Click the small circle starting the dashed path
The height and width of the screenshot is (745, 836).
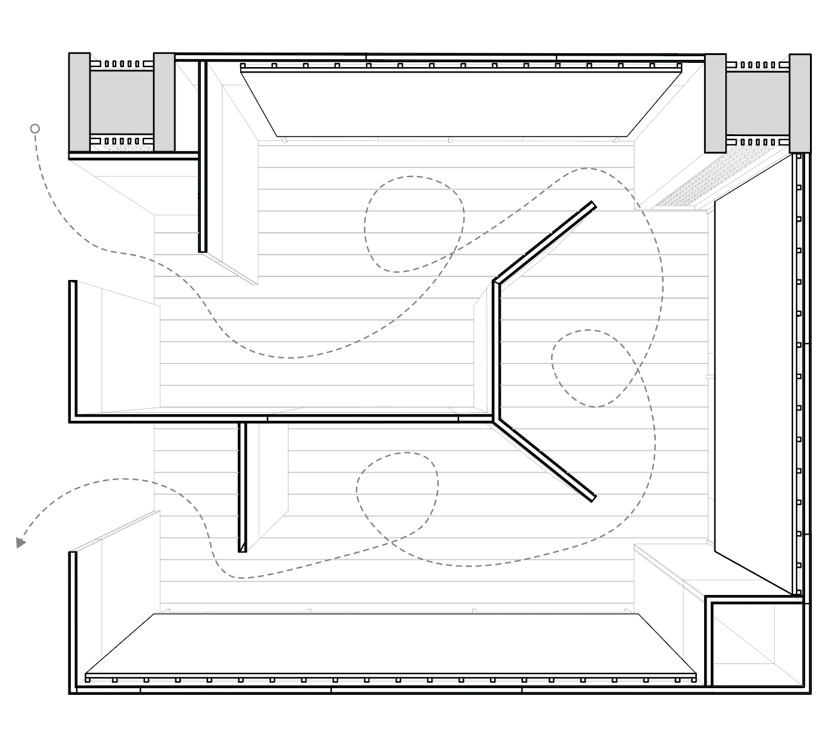point(35,128)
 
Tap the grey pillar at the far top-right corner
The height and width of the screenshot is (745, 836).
point(800,103)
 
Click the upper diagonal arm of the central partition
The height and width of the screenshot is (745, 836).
point(544,242)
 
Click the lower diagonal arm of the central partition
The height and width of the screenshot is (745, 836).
point(544,460)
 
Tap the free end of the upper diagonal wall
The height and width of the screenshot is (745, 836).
point(592,205)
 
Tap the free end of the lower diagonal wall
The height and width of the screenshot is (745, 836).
point(593,498)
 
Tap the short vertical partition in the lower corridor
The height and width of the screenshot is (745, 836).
point(243,487)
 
